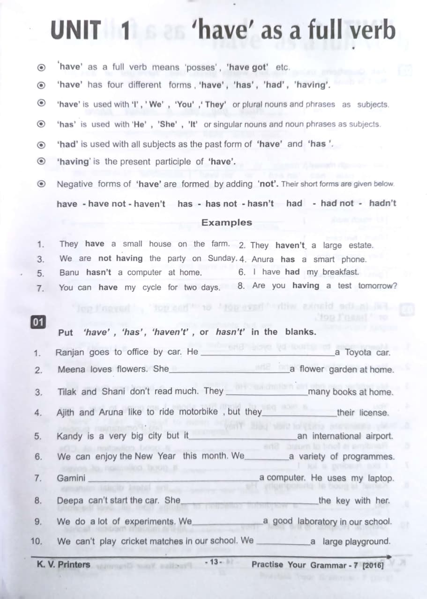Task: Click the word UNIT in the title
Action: pyautogui.click(x=75, y=31)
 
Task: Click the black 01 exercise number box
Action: pyautogui.click(x=38, y=322)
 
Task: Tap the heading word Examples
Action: pyautogui.click(x=226, y=223)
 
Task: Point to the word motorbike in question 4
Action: pyautogui.click(x=198, y=412)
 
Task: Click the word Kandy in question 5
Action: pyautogui.click(x=69, y=436)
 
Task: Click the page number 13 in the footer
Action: pyautogui.click(x=214, y=562)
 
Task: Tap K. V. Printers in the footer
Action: pyautogui.click(x=63, y=564)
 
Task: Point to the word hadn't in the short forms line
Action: pyautogui.click(x=382, y=203)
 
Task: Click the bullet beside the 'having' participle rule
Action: pyautogui.click(x=42, y=161)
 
